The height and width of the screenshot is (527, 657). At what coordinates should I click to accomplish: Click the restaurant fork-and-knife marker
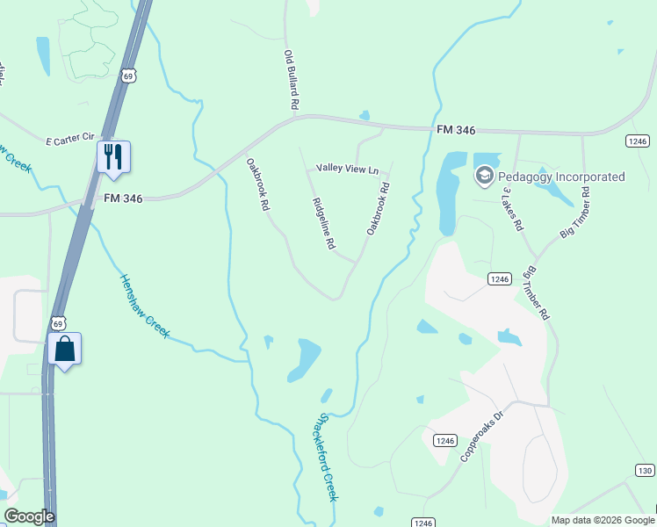(x=113, y=156)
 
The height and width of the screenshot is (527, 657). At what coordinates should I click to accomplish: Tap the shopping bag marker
(x=65, y=348)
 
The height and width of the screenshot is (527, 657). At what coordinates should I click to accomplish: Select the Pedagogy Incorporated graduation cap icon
(x=484, y=177)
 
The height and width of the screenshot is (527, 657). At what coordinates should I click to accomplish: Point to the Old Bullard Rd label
(x=292, y=80)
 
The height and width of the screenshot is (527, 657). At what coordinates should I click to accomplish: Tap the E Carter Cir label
(x=69, y=138)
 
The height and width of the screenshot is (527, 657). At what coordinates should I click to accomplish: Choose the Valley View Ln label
(x=347, y=169)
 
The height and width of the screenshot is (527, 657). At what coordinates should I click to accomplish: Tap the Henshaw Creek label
(x=144, y=307)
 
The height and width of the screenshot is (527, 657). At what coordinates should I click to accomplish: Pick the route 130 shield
(x=645, y=472)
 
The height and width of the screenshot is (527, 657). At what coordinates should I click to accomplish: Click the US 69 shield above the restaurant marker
(x=128, y=76)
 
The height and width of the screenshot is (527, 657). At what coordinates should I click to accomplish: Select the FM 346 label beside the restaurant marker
(x=124, y=198)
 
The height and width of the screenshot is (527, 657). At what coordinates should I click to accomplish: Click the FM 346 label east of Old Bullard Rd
(x=455, y=130)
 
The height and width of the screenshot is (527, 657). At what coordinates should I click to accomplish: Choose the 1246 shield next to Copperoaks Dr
(x=445, y=440)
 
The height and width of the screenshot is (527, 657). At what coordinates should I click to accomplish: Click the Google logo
(x=29, y=516)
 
